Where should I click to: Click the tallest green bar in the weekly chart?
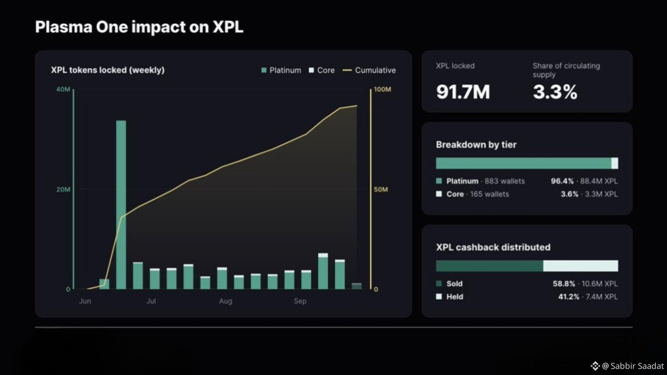pos(121,205)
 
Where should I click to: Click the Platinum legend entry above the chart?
pos(281,70)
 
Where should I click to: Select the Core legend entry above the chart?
pos(322,70)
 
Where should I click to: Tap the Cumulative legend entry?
pos(369,70)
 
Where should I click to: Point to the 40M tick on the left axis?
pos(63,89)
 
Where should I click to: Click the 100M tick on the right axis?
pos(382,89)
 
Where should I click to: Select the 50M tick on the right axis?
pos(381,189)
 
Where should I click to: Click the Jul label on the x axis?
pos(151,301)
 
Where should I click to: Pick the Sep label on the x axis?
pos(300,301)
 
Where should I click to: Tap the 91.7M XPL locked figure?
pos(463,92)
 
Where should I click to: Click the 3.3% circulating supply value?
pos(555,92)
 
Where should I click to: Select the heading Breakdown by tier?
pos(476,145)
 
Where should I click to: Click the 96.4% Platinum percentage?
pos(562,181)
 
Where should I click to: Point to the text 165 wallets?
pos(489,194)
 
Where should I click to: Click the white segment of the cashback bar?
pos(580,266)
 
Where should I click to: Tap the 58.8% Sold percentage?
pos(564,284)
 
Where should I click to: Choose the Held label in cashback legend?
pos(455,297)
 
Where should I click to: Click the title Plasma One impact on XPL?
pos(139,27)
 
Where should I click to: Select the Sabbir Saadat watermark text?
pos(637,366)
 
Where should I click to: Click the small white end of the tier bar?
pos(615,163)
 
